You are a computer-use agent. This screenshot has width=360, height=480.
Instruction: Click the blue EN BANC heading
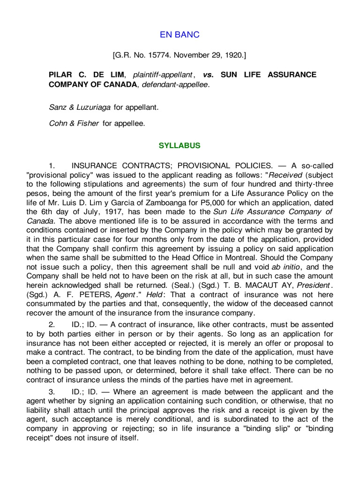coord(180,35)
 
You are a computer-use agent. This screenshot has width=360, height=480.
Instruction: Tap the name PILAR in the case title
coord(60,75)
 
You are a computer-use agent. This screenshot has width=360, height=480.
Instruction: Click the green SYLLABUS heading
coord(180,146)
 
